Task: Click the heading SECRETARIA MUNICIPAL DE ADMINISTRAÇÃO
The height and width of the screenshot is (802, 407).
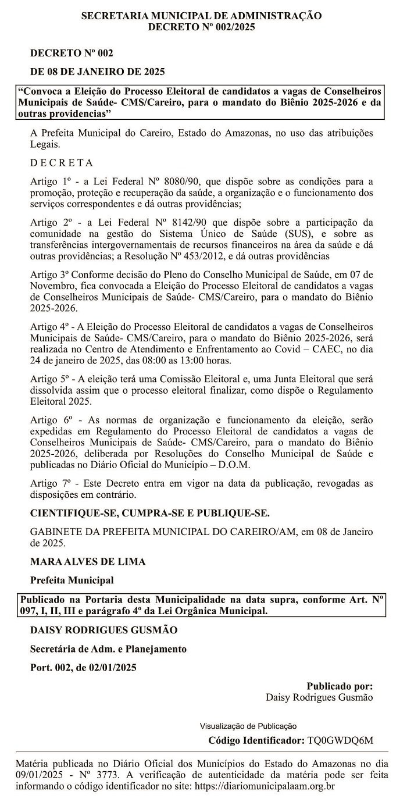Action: pos(201,16)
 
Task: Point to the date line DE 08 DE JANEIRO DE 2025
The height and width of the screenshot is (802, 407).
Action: pos(98,72)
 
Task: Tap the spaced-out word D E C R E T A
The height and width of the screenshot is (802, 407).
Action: pos(62,162)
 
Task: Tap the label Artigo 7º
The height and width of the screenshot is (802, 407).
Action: pos(49,483)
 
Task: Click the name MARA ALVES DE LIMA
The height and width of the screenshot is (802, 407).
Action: pos(88,561)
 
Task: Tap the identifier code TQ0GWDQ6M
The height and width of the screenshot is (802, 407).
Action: pos(340,740)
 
